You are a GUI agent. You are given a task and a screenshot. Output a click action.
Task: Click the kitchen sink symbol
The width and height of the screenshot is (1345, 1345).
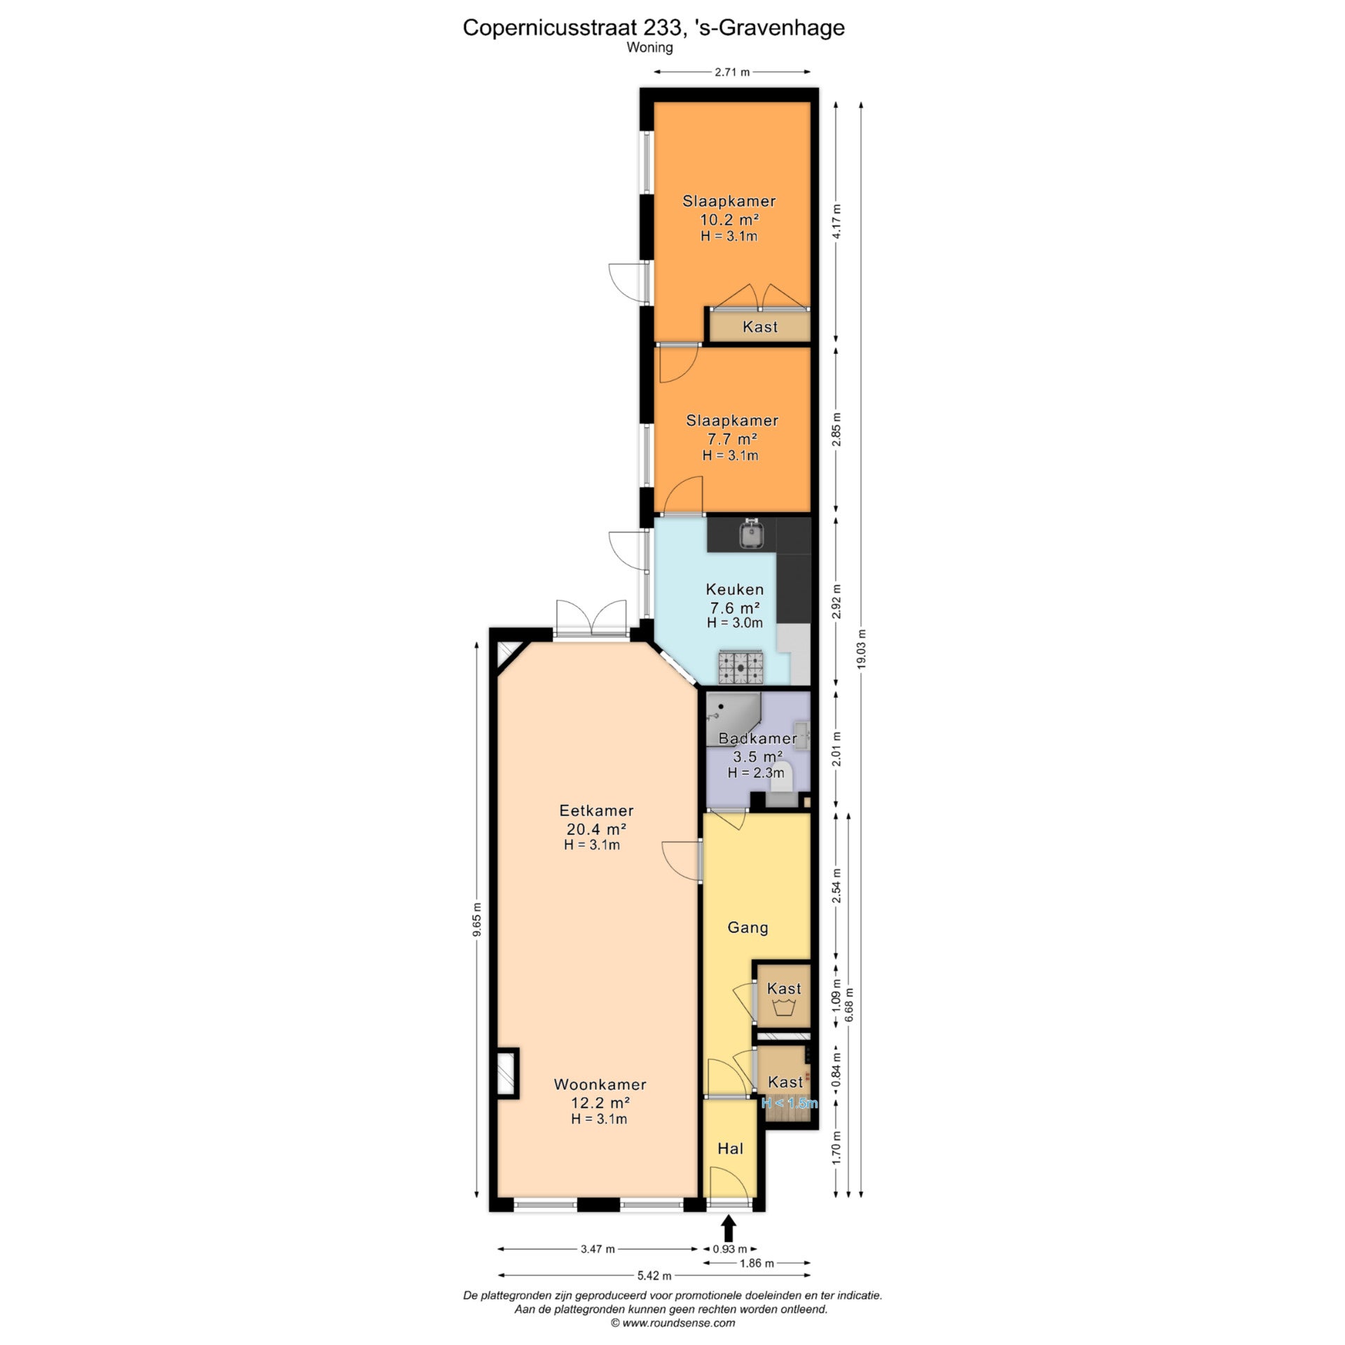click(x=752, y=534)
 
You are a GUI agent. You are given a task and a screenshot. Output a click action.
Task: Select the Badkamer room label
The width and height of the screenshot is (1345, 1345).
click(x=758, y=738)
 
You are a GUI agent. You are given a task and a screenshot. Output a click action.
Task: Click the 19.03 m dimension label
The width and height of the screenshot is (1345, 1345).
click(x=861, y=649)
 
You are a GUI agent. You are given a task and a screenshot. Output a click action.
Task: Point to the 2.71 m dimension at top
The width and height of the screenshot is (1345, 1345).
click(x=732, y=71)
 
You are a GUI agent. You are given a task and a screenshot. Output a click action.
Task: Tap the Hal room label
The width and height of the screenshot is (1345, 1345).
click(x=730, y=1148)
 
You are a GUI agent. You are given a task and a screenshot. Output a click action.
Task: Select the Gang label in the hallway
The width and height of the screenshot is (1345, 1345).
click(x=747, y=927)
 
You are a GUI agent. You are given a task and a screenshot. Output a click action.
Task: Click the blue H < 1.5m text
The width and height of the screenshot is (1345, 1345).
click(x=789, y=1103)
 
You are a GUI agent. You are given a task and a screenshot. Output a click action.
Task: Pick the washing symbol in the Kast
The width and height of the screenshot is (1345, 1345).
click(x=783, y=1009)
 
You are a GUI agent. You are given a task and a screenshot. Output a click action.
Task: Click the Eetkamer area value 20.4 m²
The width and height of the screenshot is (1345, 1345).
click(x=596, y=829)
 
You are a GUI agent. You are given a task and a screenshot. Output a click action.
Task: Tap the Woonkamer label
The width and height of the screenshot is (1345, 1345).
click(x=600, y=1084)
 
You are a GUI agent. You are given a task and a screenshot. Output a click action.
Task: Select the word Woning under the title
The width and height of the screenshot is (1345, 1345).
click(x=649, y=48)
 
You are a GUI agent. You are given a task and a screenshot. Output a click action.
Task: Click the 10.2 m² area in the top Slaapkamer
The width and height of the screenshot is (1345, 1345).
click(x=729, y=219)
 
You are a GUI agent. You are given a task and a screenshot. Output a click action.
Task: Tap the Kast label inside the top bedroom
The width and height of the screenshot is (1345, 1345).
click(x=760, y=326)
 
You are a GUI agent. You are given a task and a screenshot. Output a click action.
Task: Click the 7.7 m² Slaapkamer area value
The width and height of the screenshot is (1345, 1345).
click(x=732, y=439)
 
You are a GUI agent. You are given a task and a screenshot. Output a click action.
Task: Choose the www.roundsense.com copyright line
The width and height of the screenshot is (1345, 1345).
click(x=672, y=1323)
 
